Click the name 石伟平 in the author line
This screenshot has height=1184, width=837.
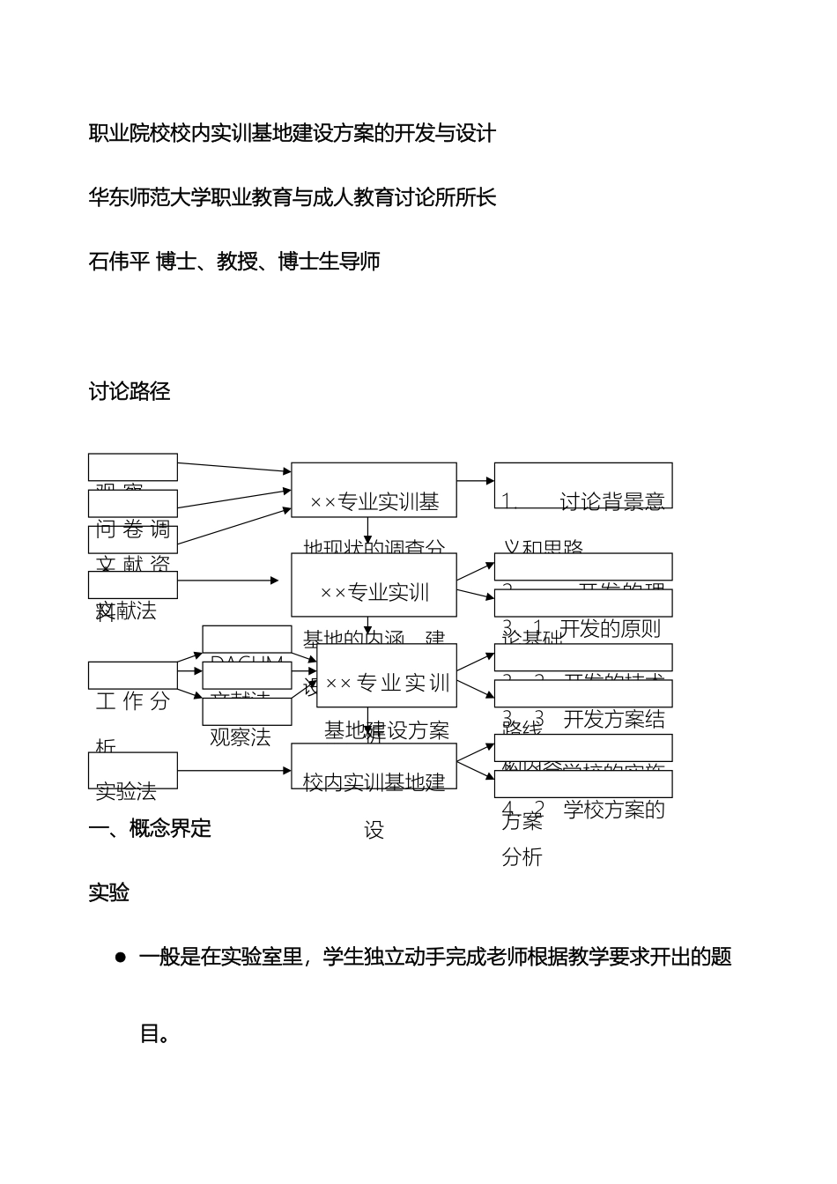click(x=119, y=262)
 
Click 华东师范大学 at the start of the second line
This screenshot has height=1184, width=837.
click(x=147, y=197)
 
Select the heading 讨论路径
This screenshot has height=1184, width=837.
click(x=130, y=392)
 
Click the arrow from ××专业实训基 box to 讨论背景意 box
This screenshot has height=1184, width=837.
click(x=476, y=481)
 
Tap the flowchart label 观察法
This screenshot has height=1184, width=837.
click(x=240, y=737)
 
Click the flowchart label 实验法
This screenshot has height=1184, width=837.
click(x=126, y=791)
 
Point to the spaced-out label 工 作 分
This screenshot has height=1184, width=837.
click(x=132, y=701)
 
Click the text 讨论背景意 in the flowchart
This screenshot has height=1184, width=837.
click(x=611, y=501)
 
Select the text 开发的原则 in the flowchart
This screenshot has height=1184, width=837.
click(x=610, y=628)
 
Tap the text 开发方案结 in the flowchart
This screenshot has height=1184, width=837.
click(x=613, y=719)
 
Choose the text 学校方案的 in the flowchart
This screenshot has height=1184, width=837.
click(x=613, y=810)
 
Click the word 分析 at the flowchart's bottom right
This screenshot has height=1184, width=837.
click(x=522, y=856)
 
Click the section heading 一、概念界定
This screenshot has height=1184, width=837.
click(x=151, y=828)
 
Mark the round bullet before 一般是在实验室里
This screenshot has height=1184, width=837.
click(x=121, y=958)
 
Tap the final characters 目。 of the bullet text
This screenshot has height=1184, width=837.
click(x=155, y=1032)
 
